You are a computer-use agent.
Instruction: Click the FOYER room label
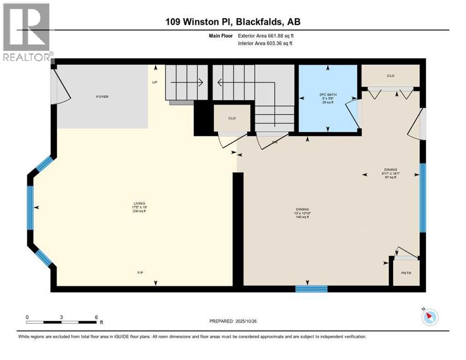(102, 97)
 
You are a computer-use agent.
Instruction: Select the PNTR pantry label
(406, 273)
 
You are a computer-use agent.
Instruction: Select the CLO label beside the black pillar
(232, 118)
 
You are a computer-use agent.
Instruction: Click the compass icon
(429, 317)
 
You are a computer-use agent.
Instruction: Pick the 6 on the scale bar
(96, 317)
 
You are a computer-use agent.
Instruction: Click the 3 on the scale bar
(61, 317)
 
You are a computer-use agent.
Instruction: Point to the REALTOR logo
(27, 33)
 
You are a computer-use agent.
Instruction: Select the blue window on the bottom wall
(311, 288)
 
